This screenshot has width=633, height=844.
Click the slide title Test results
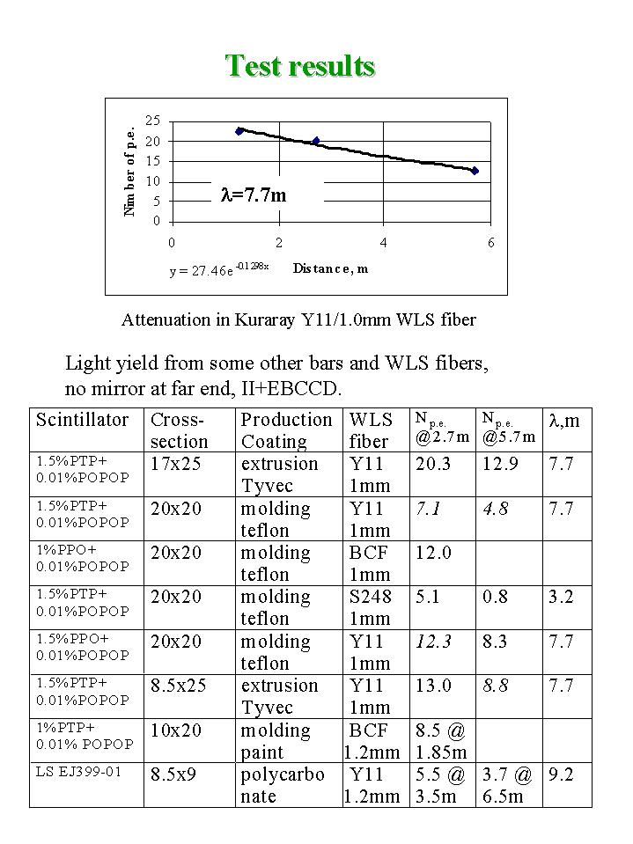click(299, 66)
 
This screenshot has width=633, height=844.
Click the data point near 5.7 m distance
click(475, 171)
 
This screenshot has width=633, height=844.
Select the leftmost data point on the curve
click(239, 131)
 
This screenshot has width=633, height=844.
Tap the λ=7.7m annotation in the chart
click(253, 195)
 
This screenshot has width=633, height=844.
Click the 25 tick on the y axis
click(152, 121)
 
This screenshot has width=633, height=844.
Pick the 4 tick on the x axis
click(384, 242)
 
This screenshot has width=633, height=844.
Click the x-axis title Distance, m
click(330, 268)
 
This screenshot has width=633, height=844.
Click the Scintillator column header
click(82, 420)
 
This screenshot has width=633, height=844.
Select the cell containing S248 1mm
click(369, 607)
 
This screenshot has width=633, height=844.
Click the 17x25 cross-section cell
click(176, 464)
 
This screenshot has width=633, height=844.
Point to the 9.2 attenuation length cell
click(561, 774)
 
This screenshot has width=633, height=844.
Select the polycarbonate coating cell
click(283, 785)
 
